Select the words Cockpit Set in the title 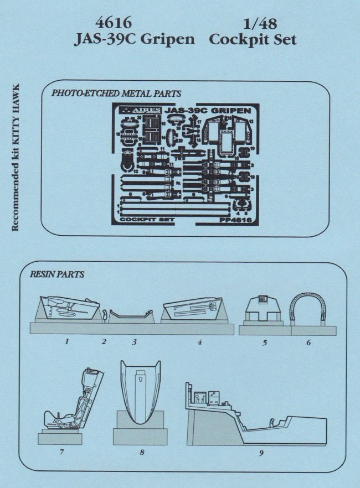coord(253,40)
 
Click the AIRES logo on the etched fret coord(143,110)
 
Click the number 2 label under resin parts coord(104,341)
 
